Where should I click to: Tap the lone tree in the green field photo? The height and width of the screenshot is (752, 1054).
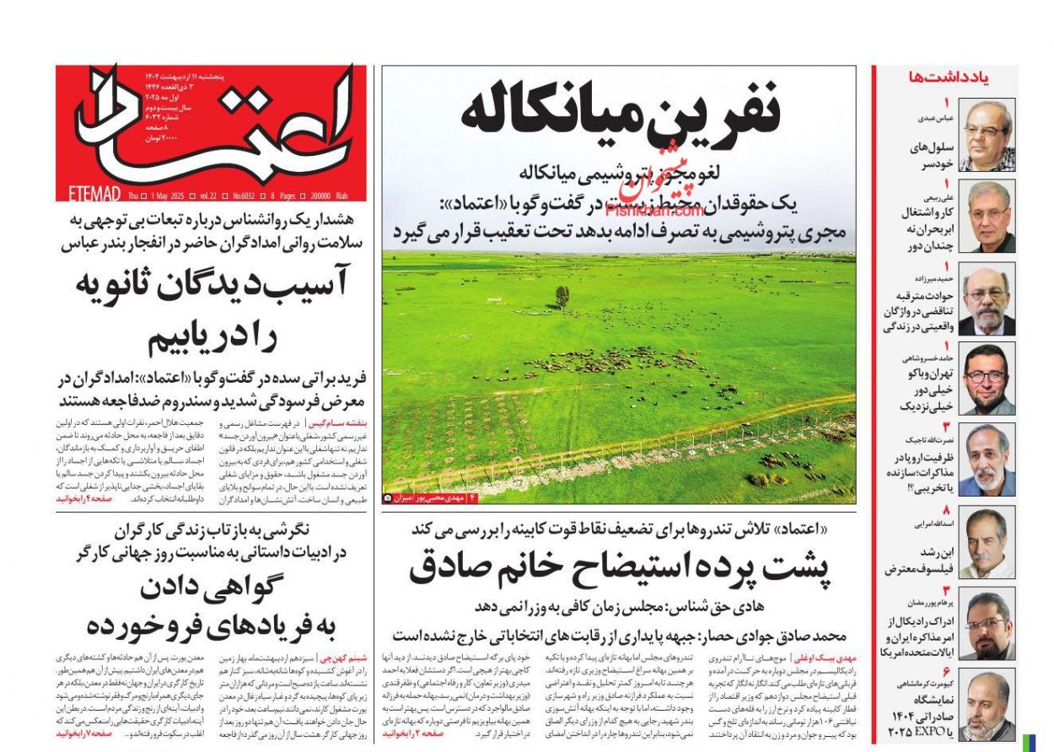562,296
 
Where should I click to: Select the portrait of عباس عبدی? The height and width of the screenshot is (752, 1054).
987,135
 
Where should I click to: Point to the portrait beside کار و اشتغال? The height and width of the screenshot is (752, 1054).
987,216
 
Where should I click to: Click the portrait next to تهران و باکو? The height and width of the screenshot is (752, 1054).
987,379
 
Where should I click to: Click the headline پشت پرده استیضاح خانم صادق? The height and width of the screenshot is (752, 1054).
620,567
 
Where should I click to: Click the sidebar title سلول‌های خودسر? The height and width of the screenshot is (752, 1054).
931,153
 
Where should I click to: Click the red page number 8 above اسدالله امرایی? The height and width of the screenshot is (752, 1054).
946,510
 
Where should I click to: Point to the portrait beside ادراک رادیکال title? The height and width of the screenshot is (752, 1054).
987,624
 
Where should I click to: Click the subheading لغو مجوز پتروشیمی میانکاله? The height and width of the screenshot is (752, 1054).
620,175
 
